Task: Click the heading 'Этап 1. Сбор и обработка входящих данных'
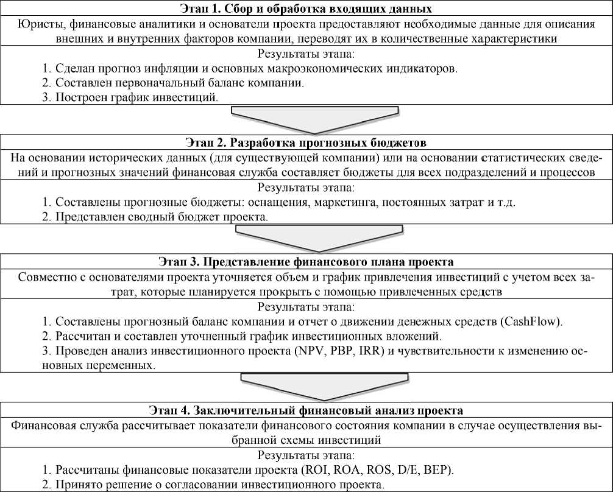click(x=306, y=9)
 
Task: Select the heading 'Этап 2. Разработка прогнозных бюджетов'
click(x=306, y=142)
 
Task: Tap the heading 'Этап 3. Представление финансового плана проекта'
click(x=306, y=262)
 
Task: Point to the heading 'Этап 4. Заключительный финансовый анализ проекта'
click(x=306, y=409)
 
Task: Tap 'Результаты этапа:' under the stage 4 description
click(x=306, y=455)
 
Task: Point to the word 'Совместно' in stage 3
click(x=43, y=277)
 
